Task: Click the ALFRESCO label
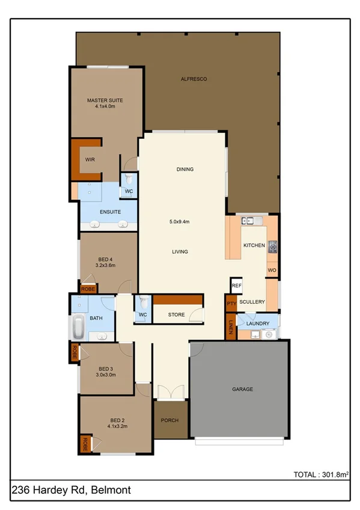(x=194, y=79)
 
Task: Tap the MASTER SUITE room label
(x=105, y=100)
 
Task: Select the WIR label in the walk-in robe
(x=90, y=159)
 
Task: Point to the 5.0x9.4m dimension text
(x=179, y=222)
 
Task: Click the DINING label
(x=185, y=170)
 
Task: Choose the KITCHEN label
(x=254, y=245)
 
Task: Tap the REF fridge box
(x=236, y=286)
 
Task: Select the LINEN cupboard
(x=231, y=327)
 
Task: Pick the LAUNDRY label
(x=257, y=324)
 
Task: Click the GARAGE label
(x=242, y=390)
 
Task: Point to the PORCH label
(x=169, y=420)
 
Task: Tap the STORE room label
(x=176, y=314)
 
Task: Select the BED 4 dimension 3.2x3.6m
(x=105, y=265)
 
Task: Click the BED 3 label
(x=106, y=369)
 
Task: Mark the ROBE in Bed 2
(x=85, y=444)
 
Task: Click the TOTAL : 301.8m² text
(x=320, y=475)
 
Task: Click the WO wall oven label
(x=271, y=270)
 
